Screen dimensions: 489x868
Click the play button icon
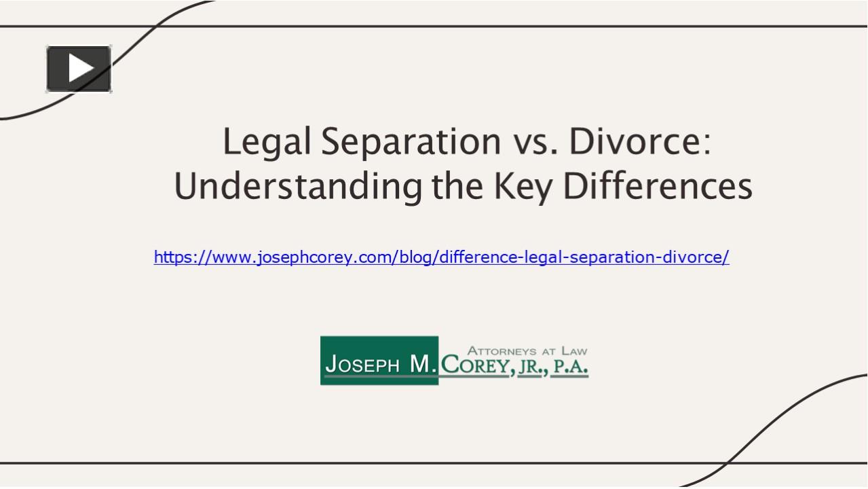coord(79,69)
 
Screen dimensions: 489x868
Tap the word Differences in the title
coord(658,187)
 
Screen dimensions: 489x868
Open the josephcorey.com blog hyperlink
coord(441,257)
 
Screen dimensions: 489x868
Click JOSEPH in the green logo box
coord(362,365)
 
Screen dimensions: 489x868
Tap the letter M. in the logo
coord(422,365)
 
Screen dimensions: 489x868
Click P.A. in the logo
coord(570,367)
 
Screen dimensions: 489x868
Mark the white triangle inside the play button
coord(81,69)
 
